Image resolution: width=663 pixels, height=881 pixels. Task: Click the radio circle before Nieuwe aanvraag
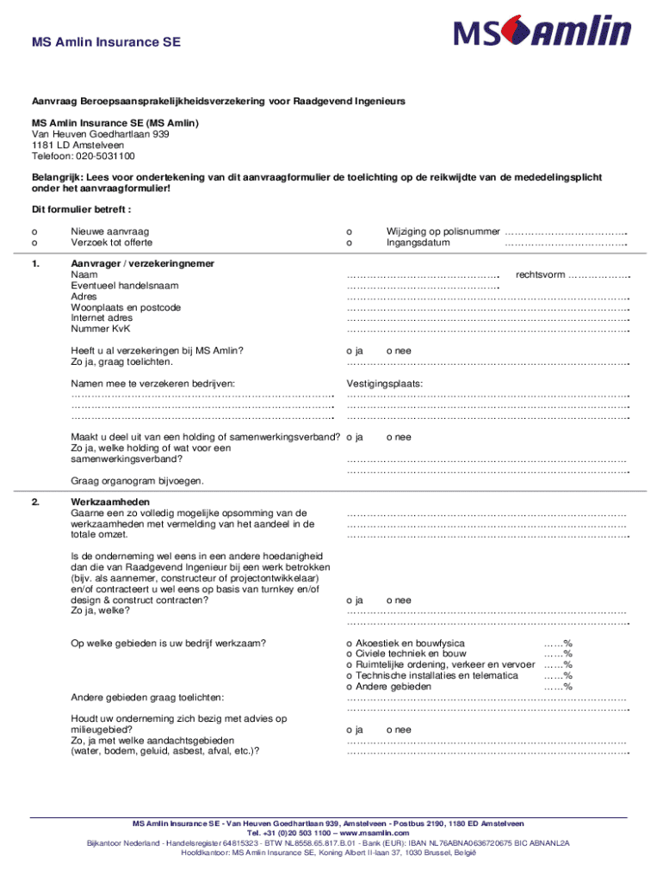[x=34, y=231]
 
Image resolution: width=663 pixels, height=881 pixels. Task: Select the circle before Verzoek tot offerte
[x=34, y=243]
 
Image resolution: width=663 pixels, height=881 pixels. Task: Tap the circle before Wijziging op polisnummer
[x=349, y=231]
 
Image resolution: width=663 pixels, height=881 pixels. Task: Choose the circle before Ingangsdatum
[x=349, y=243]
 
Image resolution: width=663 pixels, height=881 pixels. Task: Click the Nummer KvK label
[x=101, y=329]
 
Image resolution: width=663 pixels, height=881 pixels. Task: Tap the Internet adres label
[x=102, y=317]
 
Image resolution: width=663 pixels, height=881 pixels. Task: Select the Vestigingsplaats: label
[x=385, y=384]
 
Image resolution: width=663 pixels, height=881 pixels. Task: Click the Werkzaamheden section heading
[x=110, y=502]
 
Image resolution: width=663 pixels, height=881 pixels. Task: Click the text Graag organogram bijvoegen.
[x=137, y=480]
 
